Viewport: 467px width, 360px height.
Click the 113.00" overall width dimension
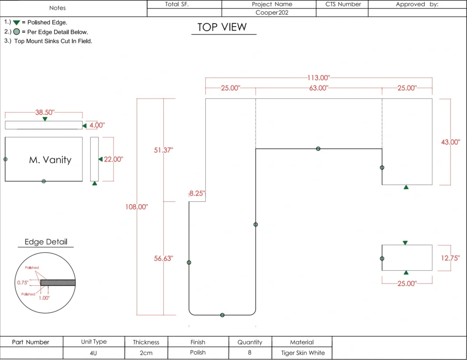tap(319, 78)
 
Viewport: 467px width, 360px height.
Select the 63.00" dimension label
tap(319, 88)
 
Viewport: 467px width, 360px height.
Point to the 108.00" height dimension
tap(136, 207)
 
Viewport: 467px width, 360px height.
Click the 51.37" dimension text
tap(163, 150)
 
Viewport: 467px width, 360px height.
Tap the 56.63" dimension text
tap(163, 258)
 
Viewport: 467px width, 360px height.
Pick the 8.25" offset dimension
tap(197, 193)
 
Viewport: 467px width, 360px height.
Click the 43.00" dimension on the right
tap(450, 142)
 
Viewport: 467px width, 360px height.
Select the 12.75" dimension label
tap(450, 258)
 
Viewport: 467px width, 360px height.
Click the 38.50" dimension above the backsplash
tap(45, 113)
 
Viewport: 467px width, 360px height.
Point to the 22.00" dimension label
tap(113, 159)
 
